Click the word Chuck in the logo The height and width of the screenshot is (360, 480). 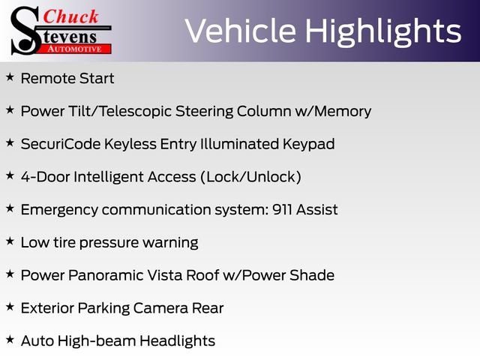(x=70, y=16)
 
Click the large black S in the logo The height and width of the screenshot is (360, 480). (x=25, y=31)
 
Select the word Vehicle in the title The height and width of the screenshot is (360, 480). (x=241, y=31)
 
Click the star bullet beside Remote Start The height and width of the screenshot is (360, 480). (x=10, y=77)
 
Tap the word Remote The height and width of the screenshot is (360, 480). (x=48, y=78)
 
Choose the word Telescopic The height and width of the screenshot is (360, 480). (x=135, y=112)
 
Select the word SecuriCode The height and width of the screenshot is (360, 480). (x=61, y=144)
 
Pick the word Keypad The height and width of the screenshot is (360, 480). (x=308, y=145)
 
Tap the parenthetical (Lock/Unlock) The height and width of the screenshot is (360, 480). (x=250, y=177)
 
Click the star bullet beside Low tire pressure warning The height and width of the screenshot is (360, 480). (x=10, y=241)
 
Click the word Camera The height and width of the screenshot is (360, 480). (x=160, y=308)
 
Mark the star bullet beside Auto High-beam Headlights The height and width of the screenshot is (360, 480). (x=10, y=340)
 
